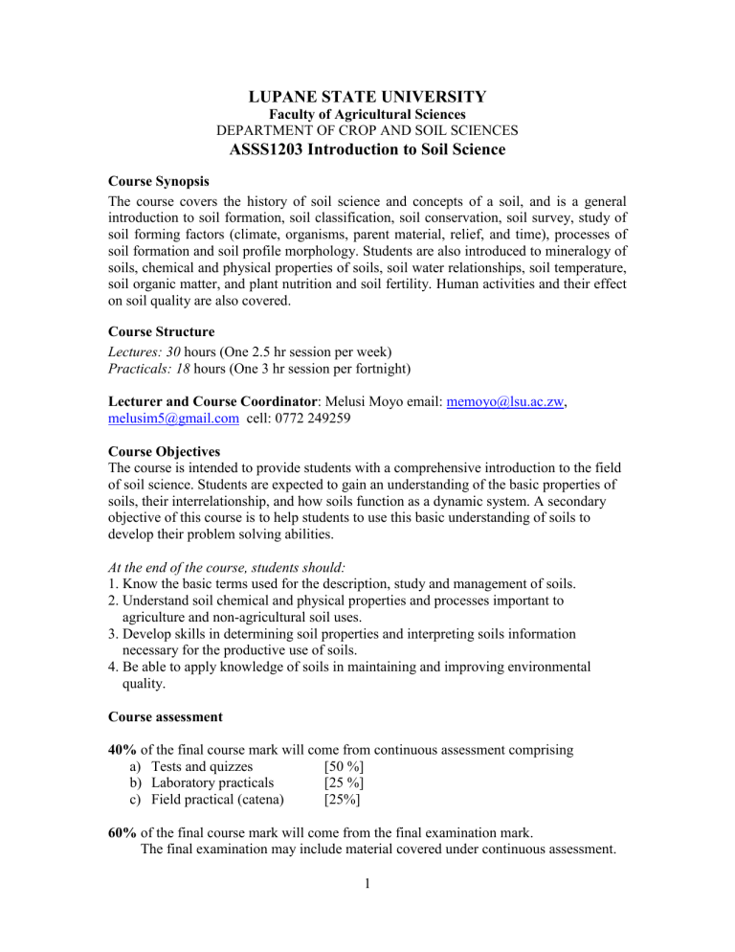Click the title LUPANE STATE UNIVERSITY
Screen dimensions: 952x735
pyautogui.click(x=367, y=97)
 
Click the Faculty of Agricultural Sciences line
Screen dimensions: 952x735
pyautogui.click(x=367, y=115)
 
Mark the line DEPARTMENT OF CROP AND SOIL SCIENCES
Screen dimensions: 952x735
pyautogui.click(x=367, y=131)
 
